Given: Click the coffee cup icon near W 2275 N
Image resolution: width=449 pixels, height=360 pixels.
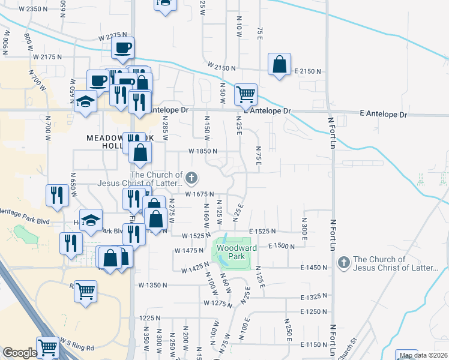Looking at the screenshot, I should pyautogui.click(x=122, y=47).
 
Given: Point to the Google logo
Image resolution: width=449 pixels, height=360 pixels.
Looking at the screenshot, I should pyautogui.click(x=19, y=353).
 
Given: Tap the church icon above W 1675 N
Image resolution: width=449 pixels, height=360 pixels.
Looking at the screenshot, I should pyautogui.click(x=191, y=177).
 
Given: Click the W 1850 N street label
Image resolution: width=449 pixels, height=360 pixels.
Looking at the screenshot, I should pyautogui.click(x=202, y=152).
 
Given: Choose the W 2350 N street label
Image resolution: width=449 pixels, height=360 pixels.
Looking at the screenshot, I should pyautogui.click(x=33, y=9).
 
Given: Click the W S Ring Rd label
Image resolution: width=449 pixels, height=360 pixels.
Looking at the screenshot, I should pyautogui.click(x=74, y=347).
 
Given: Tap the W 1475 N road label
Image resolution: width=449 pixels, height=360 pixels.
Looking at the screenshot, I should pyautogui.click(x=189, y=251).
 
